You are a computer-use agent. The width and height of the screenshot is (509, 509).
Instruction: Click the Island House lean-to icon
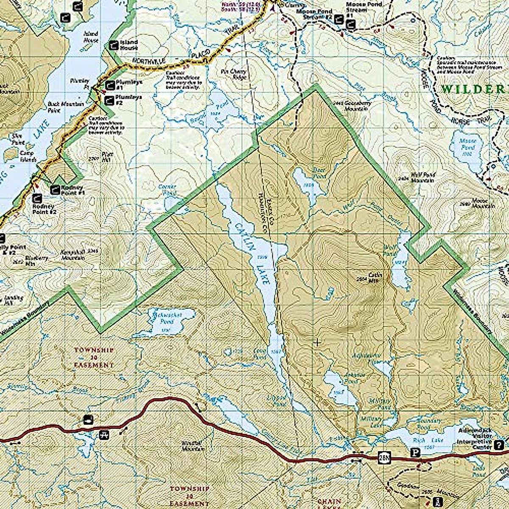point(113,45)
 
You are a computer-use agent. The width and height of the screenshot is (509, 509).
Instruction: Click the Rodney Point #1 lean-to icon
point(55,190)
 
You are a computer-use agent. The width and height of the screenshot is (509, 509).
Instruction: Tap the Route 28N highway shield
point(384,458)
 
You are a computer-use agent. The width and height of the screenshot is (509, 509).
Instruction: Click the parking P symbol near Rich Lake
point(417,453)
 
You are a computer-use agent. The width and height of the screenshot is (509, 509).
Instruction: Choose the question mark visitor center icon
point(499,445)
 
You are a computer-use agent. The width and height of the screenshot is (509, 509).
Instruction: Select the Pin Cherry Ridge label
point(233,74)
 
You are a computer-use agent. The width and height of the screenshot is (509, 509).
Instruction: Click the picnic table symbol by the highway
point(104,434)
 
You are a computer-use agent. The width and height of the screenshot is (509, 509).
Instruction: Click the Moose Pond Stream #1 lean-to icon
point(350,25)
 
